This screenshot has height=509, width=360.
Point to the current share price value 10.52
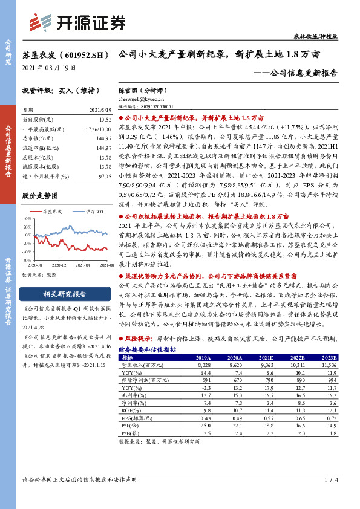(105, 120)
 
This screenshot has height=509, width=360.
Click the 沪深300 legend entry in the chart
(91, 212)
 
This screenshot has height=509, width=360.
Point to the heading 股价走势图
(40, 196)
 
